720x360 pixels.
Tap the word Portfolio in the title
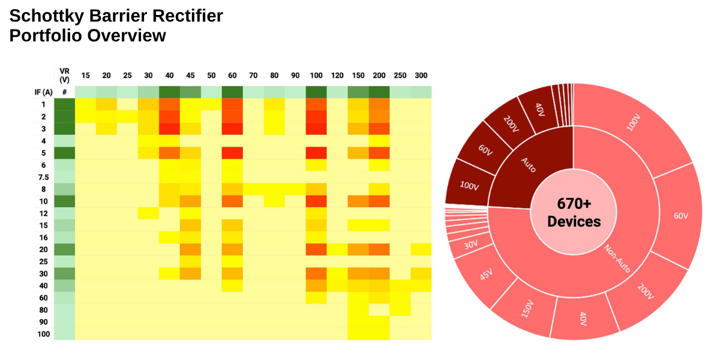46,36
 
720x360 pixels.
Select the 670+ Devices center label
574,213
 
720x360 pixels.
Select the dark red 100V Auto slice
470,185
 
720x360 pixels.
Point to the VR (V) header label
64,75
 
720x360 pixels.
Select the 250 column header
400,76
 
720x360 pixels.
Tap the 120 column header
337,76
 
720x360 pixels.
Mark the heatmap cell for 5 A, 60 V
232,152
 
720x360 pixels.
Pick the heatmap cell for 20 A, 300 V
421,249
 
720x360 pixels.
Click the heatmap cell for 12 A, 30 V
148,213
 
